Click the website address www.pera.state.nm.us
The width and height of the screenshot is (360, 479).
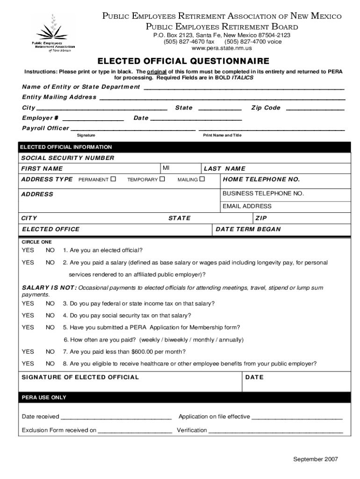[222, 48]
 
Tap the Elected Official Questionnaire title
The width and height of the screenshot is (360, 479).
[183, 61]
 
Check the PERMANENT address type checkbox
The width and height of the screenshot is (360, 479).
[113, 179]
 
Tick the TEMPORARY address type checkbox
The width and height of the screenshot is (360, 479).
[162, 179]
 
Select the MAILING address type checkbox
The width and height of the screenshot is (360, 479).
[202, 179]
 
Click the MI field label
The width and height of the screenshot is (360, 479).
[166, 168]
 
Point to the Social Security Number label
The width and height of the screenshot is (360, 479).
[68, 158]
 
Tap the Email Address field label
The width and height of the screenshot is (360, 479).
[247, 206]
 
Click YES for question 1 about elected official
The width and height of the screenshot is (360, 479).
[28, 250]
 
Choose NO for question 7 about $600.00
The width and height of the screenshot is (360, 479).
[50, 352]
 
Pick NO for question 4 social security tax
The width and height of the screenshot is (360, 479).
[50, 316]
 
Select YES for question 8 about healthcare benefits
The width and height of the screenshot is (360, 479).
[28, 363]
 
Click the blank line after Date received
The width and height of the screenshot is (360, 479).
[116, 417]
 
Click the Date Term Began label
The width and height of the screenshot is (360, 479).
[248, 229]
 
